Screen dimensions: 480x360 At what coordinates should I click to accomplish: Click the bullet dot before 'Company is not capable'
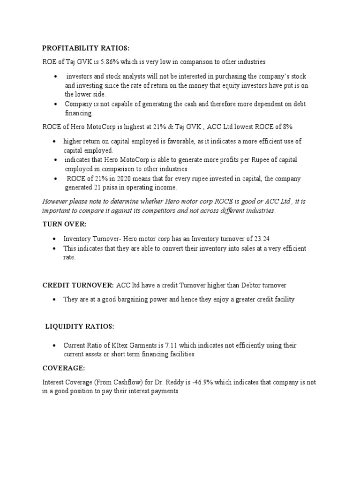tap(56, 104)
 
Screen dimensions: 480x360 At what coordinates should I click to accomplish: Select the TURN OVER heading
tap(61, 225)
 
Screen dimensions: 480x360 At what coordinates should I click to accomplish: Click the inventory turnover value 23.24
tap(262, 239)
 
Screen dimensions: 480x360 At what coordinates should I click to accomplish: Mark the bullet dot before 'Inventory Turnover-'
tap(55, 239)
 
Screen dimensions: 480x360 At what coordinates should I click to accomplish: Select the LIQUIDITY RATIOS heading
tap(80, 326)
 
